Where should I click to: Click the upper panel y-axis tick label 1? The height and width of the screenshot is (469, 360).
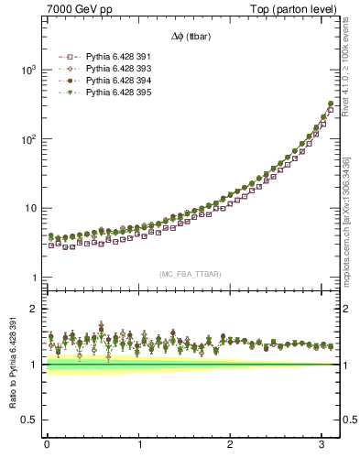33,278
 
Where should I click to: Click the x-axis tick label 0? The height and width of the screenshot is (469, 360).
47,445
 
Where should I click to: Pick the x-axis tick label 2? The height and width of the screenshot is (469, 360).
230,445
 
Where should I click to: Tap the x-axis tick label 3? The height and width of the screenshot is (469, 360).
322,445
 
